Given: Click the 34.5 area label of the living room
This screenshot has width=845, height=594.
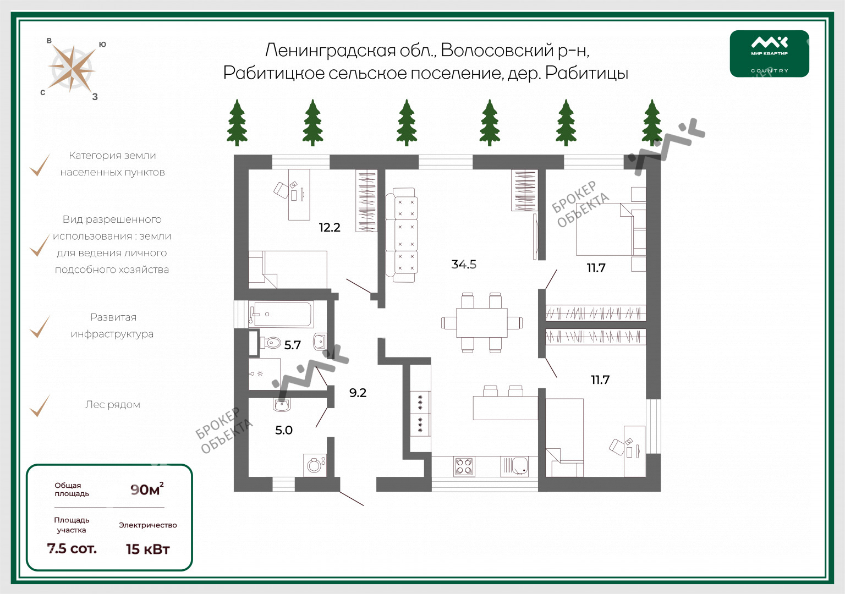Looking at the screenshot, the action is tap(464, 264).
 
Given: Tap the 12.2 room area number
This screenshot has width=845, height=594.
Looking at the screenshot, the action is tap(330, 227).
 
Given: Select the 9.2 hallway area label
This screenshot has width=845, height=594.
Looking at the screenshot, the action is tap(358, 393).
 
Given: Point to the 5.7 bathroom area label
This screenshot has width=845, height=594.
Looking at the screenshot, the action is tap(292, 345).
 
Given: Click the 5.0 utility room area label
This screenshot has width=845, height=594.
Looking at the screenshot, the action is tap(284, 430).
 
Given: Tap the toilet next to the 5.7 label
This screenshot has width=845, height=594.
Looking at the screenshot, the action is tap(270, 343).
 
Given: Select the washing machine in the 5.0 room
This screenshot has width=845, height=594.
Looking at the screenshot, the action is tap(315, 465).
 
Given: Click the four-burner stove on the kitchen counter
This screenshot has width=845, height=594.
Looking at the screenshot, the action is tap(464, 466).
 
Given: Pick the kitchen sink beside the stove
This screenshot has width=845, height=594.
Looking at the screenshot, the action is tap(514, 466).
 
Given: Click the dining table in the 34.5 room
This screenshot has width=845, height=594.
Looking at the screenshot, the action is tap(482, 323).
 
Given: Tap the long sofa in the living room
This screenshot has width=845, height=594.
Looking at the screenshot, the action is tap(402, 235).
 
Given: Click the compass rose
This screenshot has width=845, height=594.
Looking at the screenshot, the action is tap(72, 69).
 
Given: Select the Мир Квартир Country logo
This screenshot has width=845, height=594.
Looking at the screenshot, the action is tap(770, 53).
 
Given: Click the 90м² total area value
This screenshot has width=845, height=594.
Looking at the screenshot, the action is tap(147, 489).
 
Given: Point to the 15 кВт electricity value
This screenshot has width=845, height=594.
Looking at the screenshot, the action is tap(148, 549).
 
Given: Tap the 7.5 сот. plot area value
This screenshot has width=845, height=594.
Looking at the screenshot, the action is tap(72, 548).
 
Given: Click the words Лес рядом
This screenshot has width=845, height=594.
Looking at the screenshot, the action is tap(113, 405).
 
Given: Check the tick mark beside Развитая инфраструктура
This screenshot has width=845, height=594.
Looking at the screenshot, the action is tap(40, 327).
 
